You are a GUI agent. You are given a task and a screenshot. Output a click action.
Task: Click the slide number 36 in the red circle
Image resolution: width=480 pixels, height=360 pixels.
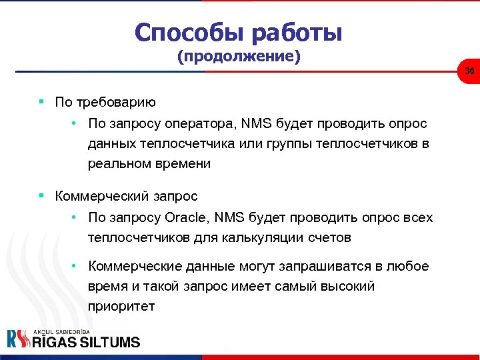(x=469, y=71)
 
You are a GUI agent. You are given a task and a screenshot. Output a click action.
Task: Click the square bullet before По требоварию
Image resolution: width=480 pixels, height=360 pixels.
(x=41, y=102)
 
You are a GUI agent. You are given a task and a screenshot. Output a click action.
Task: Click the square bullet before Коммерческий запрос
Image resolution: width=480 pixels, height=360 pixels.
(x=41, y=196)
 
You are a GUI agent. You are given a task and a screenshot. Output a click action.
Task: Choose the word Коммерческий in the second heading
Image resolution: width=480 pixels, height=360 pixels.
(x=103, y=197)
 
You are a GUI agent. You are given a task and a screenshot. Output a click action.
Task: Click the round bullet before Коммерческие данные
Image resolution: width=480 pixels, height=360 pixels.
(x=77, y=266)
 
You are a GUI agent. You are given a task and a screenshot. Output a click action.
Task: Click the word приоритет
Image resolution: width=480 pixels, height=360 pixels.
(x=121, y=306)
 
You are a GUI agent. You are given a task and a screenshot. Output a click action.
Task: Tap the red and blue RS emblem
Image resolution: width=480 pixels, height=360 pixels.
(x=18, y=339)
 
